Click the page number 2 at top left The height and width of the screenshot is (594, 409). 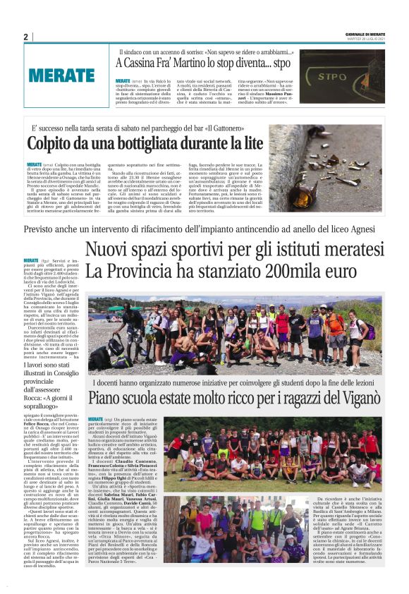click(x=25, y=36)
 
